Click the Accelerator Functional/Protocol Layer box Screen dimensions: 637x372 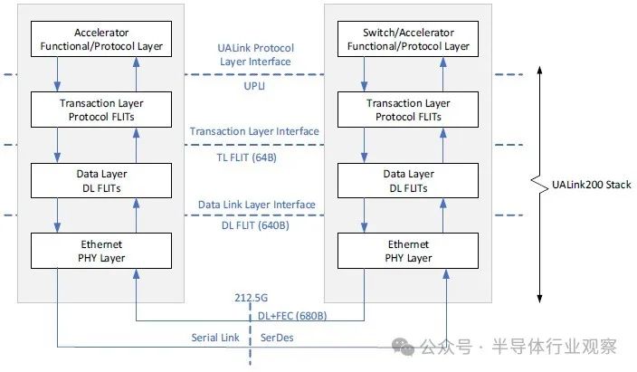(x=101, y=39)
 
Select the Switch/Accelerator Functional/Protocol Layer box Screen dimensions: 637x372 (x=408, y=39)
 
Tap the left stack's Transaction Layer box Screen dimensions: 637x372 (x=101, y=110)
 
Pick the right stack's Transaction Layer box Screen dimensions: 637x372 (x=408, y=110)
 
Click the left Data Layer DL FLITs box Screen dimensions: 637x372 (x=101, y=180)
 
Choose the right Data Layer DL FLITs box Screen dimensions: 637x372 (x=408, y=180)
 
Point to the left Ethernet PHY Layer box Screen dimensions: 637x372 (x=101, y=251)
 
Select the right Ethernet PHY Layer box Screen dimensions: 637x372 (x=408, y=251)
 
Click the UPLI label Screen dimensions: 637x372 (x=254, y=86)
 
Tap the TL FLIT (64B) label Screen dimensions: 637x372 (x=247, y=157)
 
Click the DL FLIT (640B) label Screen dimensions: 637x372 (x=255, y=225)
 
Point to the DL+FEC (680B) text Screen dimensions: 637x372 (x=292, y=316)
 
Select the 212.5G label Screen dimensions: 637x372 (x=251, y=298)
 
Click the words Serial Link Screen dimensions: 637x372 (x=215, y=338)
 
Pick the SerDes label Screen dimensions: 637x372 (x=277, y=338)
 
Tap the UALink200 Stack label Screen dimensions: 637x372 (x=592, y=185)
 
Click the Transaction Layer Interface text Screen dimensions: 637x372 (x=254, y=131)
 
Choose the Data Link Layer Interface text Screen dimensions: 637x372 (x=257, y=205)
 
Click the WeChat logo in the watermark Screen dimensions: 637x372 (x=403, y=347)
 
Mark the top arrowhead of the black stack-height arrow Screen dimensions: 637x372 (x=539, y=70)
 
